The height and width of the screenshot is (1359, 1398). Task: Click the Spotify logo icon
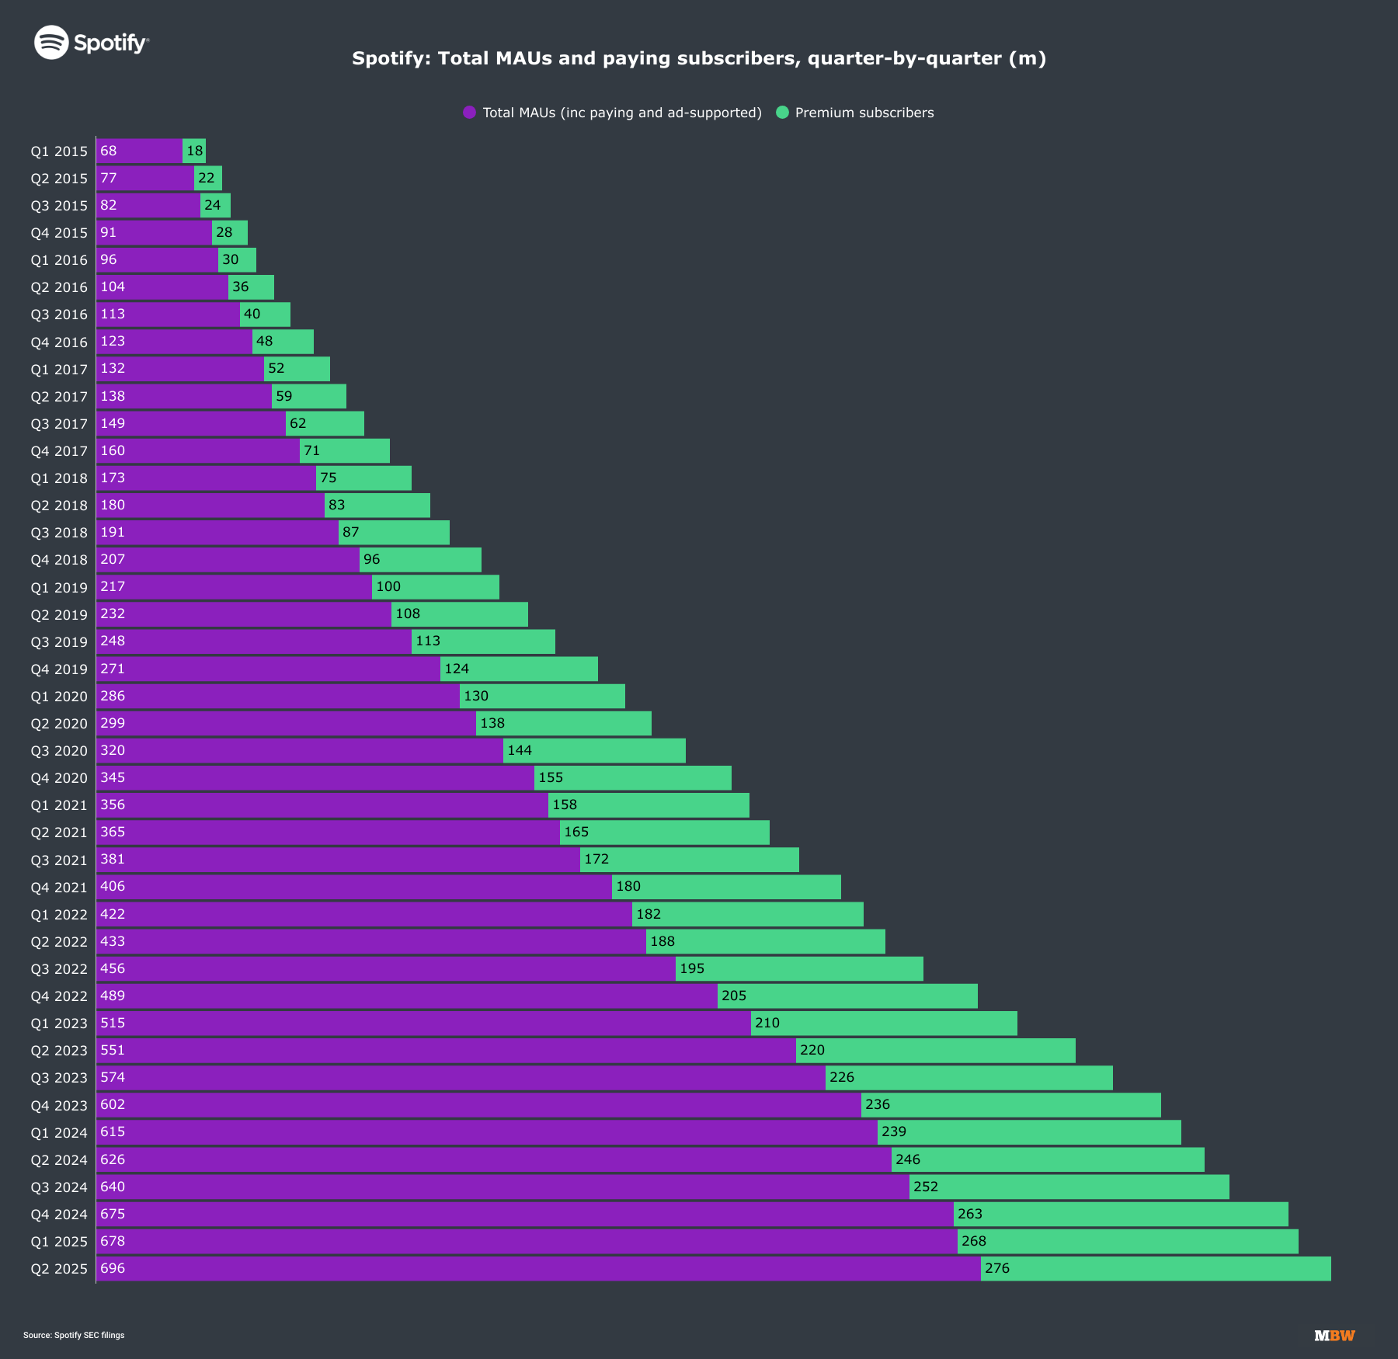[x=52, y=42]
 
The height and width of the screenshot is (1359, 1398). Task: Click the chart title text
[x=699, y=58]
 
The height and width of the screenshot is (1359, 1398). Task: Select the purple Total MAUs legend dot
[x=469, y=113]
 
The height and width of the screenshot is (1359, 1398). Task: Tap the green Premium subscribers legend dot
[x=782, y=113]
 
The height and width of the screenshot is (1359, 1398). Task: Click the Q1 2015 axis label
[x=59, y=151]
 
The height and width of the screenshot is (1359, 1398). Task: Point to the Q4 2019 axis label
[x=59, y=669]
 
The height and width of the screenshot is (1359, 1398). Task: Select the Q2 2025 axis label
[x=59, y=1269]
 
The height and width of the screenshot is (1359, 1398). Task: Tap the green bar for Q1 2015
[x=194, y=151]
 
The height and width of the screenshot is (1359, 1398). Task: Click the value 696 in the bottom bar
[x=113, y=1268]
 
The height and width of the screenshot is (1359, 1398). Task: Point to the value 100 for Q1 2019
[x=388, y=587]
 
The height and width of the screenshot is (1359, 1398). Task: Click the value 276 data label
[x=997, y=1268]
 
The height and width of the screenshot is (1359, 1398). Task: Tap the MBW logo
[x=1334, y=1336]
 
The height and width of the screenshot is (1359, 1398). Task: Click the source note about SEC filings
[x=74, y=1336]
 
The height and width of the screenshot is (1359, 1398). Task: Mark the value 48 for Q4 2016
[x=265, y=342]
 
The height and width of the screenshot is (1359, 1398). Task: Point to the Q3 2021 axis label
[x=59, y=860]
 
